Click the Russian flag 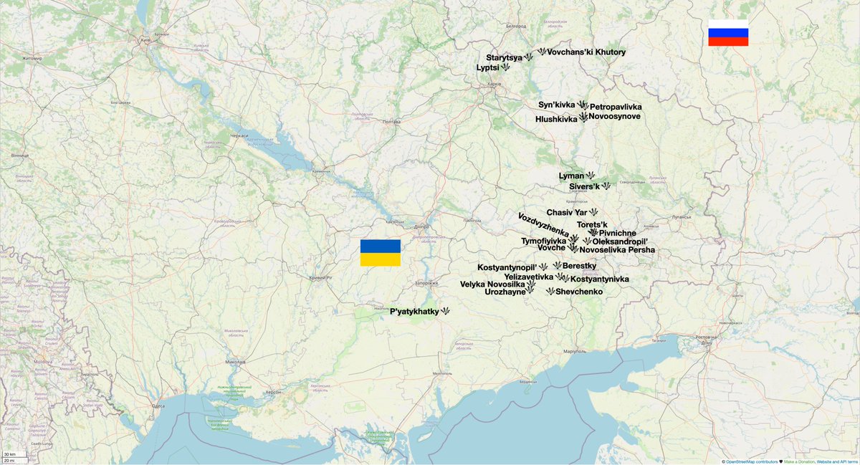(x=728, y=33)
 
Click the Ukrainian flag (x=380, y=253)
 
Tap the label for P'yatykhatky (x=414, y=312)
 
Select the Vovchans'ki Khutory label (x=586, y=52)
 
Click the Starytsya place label (x=504, y=57)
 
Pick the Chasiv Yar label (x=566, y=213)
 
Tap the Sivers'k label (x=584, y=186)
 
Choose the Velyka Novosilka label (x=492, y=284)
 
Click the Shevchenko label (x=579, y=292)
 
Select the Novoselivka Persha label (x=617, y=250)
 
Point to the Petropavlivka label (x=616, y=107)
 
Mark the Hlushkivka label (x=556, y=119)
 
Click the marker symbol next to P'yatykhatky (x=445, y=312)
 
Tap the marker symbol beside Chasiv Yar (x=593, y=212)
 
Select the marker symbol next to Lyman (x=591, y=176)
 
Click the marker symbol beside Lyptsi (x=505, y=67)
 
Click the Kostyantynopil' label (x=507, y=267)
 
